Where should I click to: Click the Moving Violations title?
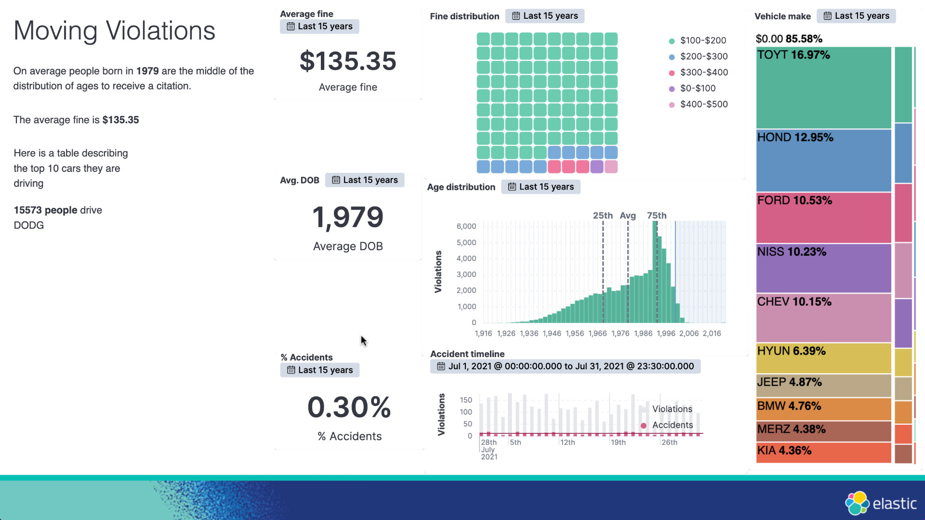click(114, 31)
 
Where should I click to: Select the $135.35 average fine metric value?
click(348, 61)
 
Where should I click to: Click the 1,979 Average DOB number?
click(348, 217)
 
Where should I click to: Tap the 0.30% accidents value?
click(349, 407)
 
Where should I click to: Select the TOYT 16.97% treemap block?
click(823, 88)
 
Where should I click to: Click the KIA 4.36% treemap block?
click(823, 452)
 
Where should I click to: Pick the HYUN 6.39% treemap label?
click(791, 351)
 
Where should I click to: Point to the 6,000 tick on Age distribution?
click(466, 226)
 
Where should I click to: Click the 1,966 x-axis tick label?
click(597, 333)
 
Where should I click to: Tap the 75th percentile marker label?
click(657, 215)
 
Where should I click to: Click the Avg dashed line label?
click(627, 215)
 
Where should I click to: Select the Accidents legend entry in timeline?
click(672, 425)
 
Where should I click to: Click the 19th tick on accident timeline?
click(618, 442)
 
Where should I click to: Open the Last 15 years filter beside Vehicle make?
click(856, 16)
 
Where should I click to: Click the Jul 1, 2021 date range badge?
click(565, 366)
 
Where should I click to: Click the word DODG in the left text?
click(29, 225)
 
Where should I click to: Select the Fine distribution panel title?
click(464, 16)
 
